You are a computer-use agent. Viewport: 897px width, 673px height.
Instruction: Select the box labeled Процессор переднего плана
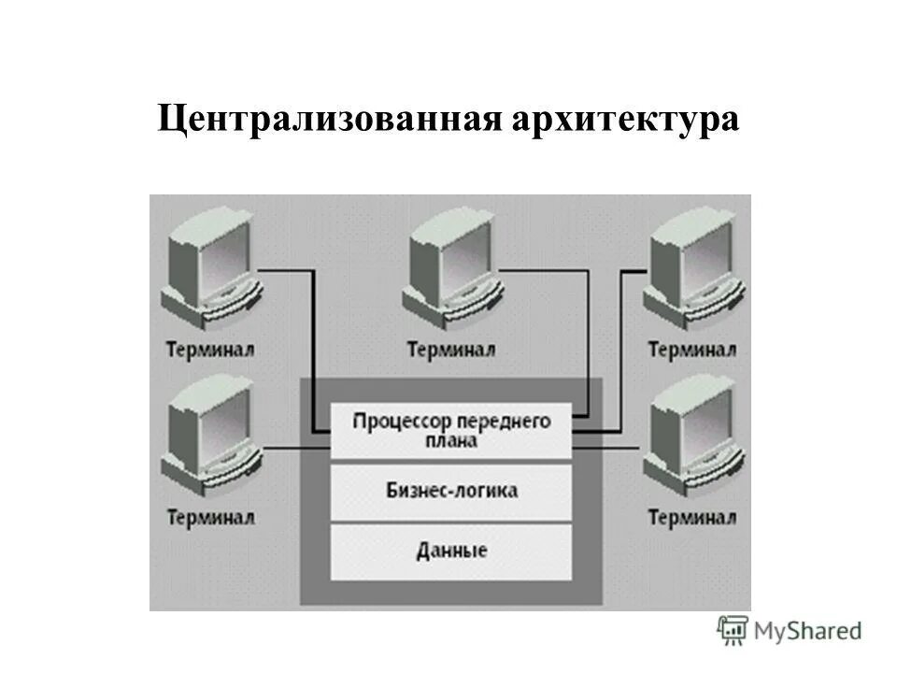click(451, 429)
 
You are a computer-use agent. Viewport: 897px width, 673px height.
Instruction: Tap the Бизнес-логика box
click(451, 491)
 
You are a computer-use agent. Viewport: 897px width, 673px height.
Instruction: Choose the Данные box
click(451, 551)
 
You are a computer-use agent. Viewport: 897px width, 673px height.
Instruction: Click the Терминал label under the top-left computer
click(210, 350)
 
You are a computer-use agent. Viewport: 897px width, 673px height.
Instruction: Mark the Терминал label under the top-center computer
click(452, 350)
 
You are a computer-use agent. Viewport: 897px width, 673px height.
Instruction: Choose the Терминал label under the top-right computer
click(692, 350)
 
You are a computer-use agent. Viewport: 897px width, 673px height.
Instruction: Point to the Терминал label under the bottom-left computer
click(210, 517)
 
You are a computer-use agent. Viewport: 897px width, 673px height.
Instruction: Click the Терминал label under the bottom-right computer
click(692, 517)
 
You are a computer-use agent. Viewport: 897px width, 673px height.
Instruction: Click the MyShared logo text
click(808, 631)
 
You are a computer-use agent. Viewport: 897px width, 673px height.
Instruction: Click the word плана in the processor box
click(451, 440)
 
